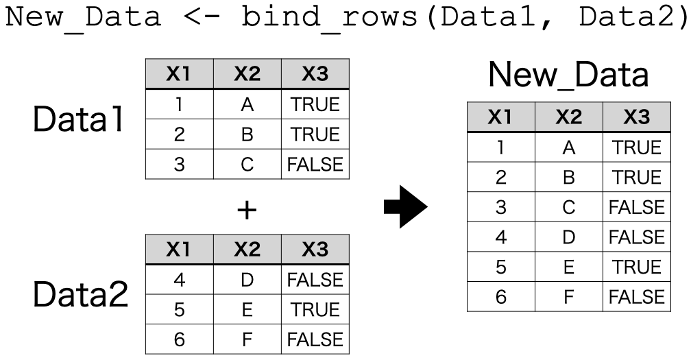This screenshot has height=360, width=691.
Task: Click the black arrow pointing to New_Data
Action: tap(405, 206)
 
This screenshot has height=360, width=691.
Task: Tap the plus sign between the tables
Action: tap(247, 210)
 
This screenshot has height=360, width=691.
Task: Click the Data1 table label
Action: tap(78, 119)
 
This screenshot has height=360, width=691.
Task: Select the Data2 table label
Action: tap(81, 294)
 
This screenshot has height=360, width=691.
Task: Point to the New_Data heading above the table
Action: tap(568, 75)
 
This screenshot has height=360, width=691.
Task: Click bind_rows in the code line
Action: tap(329, 16)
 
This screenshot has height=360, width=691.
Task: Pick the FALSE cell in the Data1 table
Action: tap(315, 165)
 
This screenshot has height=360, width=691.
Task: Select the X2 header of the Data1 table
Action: tap(247, 74)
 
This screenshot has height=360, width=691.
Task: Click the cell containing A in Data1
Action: tap(247, 104)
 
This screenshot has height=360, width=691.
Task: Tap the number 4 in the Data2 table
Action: tap(180, 280)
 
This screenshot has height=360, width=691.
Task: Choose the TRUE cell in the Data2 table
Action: tap(315, 310)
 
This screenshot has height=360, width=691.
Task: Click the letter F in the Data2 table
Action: tap(247, 339)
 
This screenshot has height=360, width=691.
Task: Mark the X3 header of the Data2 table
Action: tap(315, 250)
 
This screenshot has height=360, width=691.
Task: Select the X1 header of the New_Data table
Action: tap(501, 117)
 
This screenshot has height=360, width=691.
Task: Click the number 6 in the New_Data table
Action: tap(501, 297)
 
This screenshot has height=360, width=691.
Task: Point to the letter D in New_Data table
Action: tap(569, 237)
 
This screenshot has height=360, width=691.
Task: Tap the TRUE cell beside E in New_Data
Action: tap(637, 267)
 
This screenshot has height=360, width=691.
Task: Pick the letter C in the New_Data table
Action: tap(569, 207)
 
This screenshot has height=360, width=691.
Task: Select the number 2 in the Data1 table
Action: tap(180, 134)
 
